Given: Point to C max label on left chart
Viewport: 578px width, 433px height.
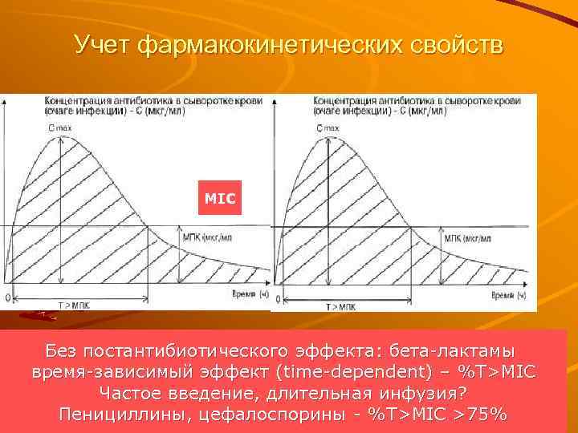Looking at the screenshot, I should (59, 128).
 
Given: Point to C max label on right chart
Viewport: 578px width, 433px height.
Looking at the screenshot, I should (328, 128).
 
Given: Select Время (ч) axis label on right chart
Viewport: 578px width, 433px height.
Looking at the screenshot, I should (509, 296).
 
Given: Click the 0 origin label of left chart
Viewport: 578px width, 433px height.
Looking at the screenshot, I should (7, 297).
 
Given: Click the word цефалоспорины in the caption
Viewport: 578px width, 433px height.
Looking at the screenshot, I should (282, 415).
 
